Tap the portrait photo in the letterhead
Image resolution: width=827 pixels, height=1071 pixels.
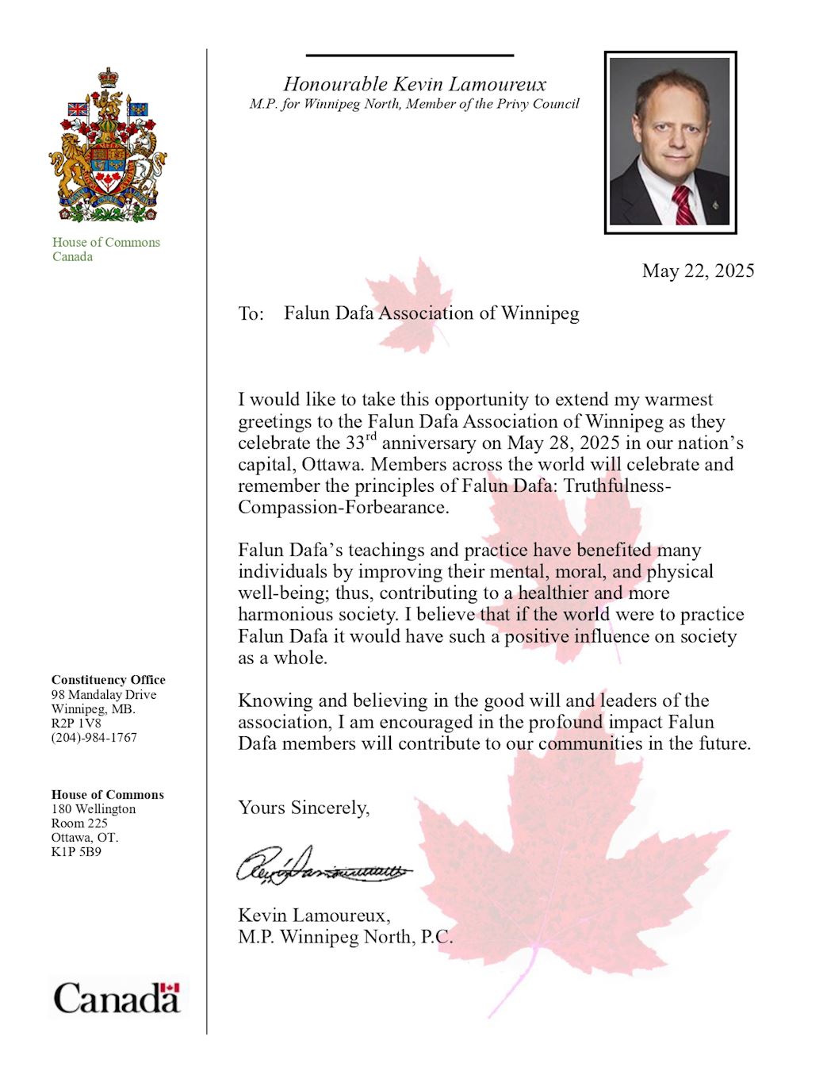coord(670,142)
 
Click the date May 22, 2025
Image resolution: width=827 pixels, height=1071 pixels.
coord(698,271)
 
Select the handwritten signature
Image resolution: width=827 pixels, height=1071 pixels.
coord(324,866)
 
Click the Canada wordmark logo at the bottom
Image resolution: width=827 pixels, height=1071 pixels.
coord(117,998)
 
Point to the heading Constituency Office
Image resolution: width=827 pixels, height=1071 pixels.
coord(108,680)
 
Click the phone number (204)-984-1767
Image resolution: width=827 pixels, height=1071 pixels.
coord(94,738)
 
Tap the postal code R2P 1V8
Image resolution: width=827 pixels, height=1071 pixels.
coord(76,724)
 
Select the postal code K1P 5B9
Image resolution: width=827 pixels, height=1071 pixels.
coord(76,852)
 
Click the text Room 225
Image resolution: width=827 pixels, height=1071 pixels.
coord(79,823)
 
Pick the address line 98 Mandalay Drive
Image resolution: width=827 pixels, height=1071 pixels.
coord(104,695)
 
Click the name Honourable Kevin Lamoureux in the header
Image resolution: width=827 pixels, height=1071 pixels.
coord(415,84)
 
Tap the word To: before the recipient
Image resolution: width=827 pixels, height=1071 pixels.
coord(251,314)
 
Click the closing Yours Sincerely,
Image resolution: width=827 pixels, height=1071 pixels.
coord(304,808)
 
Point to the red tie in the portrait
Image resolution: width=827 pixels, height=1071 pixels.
coord(683,205)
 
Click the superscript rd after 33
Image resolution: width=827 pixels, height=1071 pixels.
coord(371,437)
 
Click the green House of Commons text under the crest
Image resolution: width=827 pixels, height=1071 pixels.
coord(105,243)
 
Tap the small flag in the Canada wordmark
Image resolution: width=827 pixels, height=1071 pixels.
coord(170,988)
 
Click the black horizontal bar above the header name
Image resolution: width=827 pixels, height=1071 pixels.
coord(410,56)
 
